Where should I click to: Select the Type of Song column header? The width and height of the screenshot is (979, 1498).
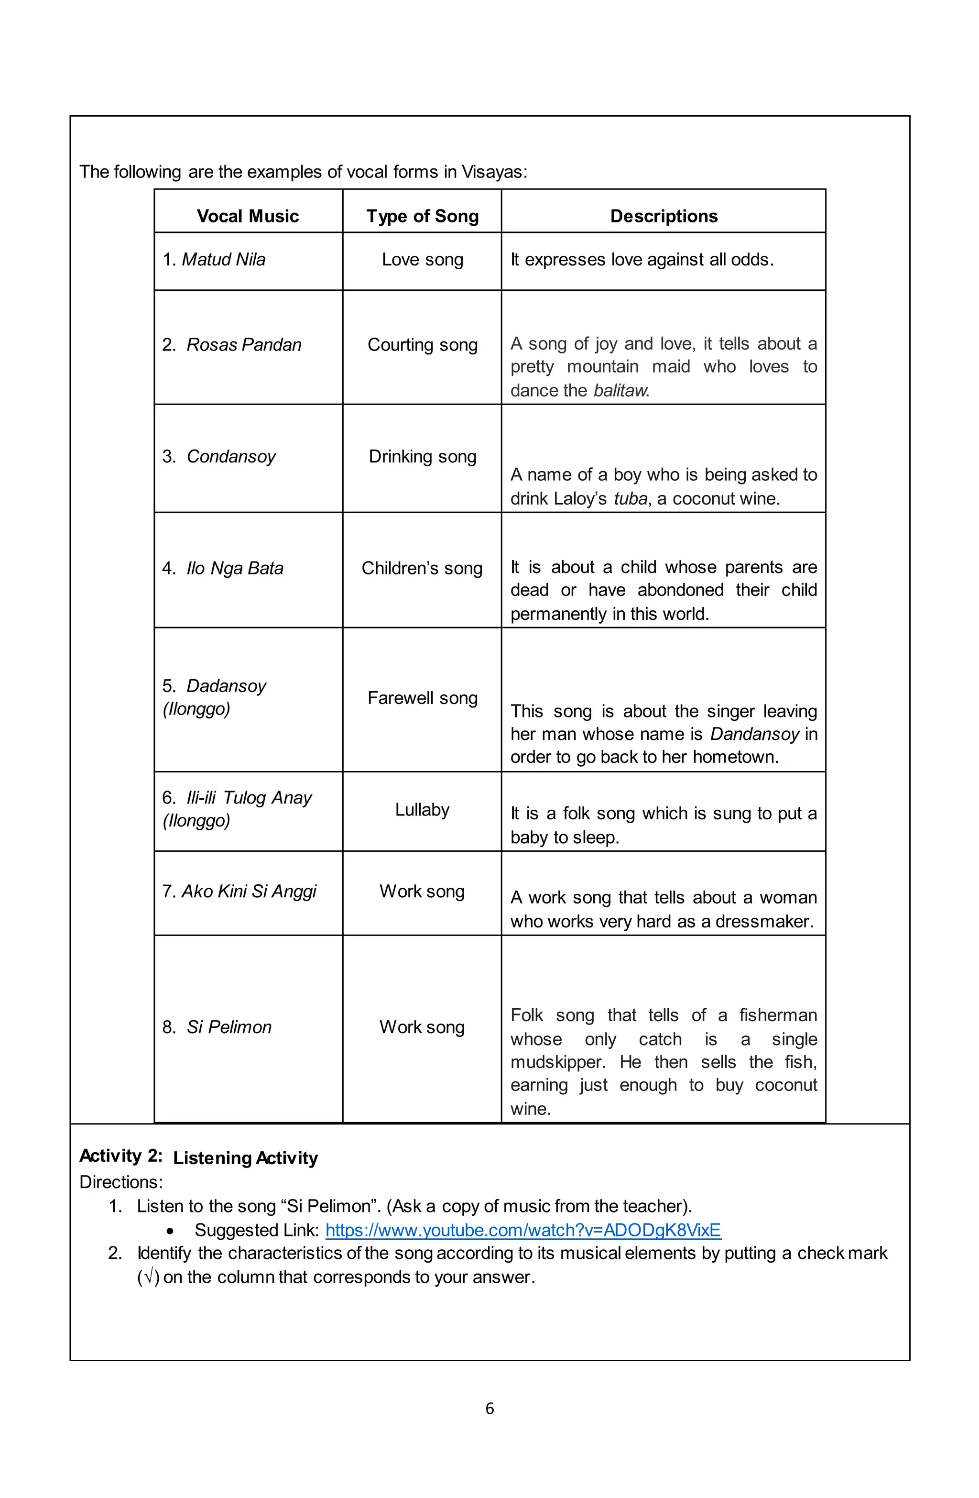click(x=422, y=216)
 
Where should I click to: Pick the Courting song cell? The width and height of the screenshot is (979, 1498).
click(x=422, y=345)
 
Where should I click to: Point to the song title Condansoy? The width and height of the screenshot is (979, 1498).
click(x=230, y=456)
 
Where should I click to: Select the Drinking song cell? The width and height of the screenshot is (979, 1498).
click(x=422, y=456)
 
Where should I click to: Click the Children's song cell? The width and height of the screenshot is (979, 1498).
click(x=422, y=568)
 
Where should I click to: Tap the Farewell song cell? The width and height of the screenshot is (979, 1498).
click(x=422, y=698)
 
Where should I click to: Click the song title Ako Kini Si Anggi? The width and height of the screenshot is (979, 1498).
click(x=249, y=891)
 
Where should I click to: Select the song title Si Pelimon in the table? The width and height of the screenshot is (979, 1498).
click(x=228, y=1027)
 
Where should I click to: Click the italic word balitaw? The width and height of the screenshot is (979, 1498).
click(x=620, y=391)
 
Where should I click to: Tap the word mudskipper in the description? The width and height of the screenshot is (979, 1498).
click(x=557, y=1062)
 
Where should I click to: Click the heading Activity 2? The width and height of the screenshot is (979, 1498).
click(x=121, y=1156)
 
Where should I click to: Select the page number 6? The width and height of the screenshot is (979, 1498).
click(x=489, y=1409)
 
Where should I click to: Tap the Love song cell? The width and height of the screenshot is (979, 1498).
click(x=422, y=259)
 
